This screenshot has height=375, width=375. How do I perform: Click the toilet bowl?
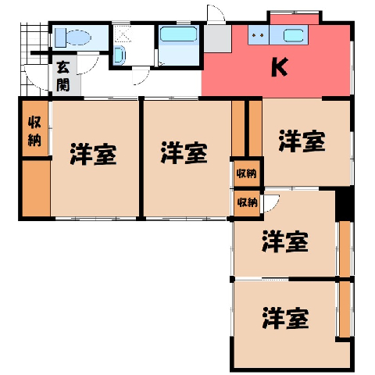point(79,37)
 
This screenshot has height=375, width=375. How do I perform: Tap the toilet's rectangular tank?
point(60,37)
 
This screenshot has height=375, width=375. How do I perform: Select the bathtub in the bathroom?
point(178,34)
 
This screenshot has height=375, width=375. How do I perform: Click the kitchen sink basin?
point(293,35)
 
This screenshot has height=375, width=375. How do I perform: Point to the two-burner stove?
point(259,35)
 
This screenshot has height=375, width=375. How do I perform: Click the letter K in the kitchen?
point(280,67)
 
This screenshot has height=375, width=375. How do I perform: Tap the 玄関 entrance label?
point(63,77)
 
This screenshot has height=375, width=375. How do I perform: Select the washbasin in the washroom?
point(120,55)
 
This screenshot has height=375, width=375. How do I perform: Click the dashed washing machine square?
point(123,34)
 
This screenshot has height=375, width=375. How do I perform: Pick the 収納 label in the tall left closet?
point(34,131)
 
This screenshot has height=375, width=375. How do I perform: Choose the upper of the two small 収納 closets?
point(247,173)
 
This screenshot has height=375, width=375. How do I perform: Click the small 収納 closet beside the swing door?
point(247,202)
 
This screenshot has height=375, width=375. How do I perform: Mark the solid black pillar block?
point(345,204)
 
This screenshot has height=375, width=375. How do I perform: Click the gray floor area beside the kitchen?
point(217,38)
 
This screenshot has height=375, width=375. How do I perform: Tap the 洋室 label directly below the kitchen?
point(302,141)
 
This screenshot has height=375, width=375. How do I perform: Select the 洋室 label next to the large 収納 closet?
point(93,154)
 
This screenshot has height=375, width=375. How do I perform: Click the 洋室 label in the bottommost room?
point(285,318)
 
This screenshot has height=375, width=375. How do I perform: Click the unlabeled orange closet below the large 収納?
point(36,188)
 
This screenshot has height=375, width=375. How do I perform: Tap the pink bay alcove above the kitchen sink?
point(295,20)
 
